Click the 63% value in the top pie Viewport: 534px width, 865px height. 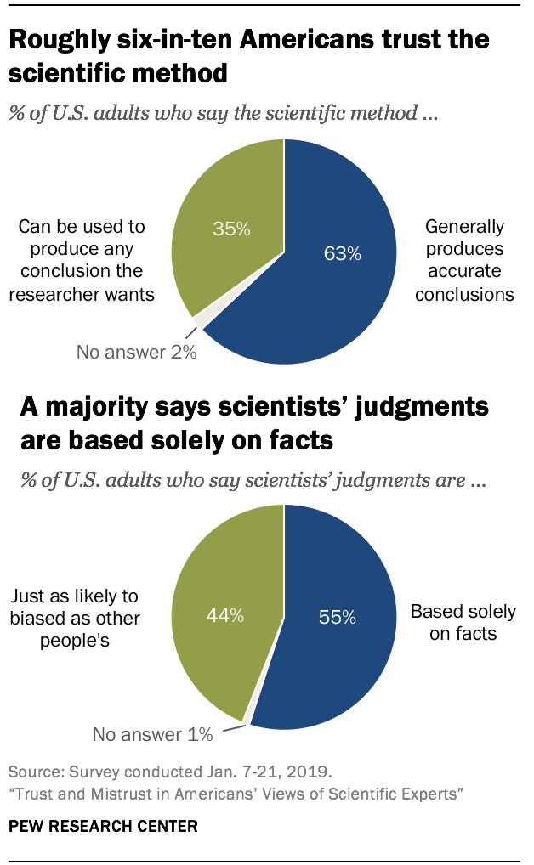[x=344, y=253]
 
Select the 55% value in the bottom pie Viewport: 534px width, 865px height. [x=337, y=618]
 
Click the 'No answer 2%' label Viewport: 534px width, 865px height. [x=136, y=352]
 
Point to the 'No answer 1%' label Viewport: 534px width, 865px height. [x=152, y=734]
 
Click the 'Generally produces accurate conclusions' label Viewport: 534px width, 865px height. [x=464, y=260]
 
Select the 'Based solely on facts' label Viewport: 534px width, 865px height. [x=463, y=622]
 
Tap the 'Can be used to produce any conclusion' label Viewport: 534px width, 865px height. [x=82, y=261]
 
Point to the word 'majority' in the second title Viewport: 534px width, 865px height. [x=104, y=407]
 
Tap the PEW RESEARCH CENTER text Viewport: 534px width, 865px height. [x=92, y=825]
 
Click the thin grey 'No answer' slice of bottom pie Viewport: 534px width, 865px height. [x=247, y=721]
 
